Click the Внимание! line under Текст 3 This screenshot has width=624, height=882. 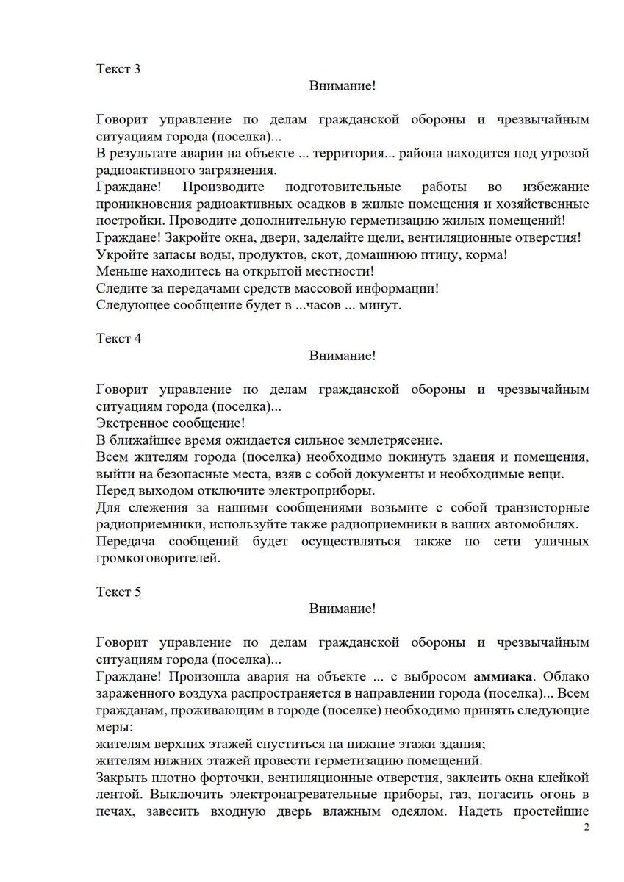click(342, 86)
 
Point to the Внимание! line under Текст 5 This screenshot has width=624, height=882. click(342, 609)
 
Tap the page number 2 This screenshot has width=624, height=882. click(586, 828)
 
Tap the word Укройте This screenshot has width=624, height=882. click(118, 254)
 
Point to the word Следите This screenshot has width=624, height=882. click(120, 288)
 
